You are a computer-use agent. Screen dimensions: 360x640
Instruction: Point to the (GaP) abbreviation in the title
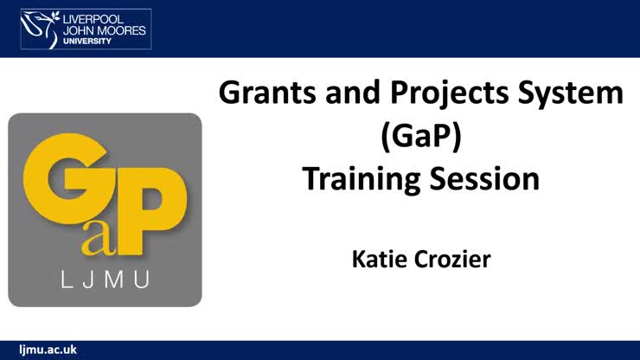tap(420, 138)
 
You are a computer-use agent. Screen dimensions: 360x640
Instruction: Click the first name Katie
tap(382, 258)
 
